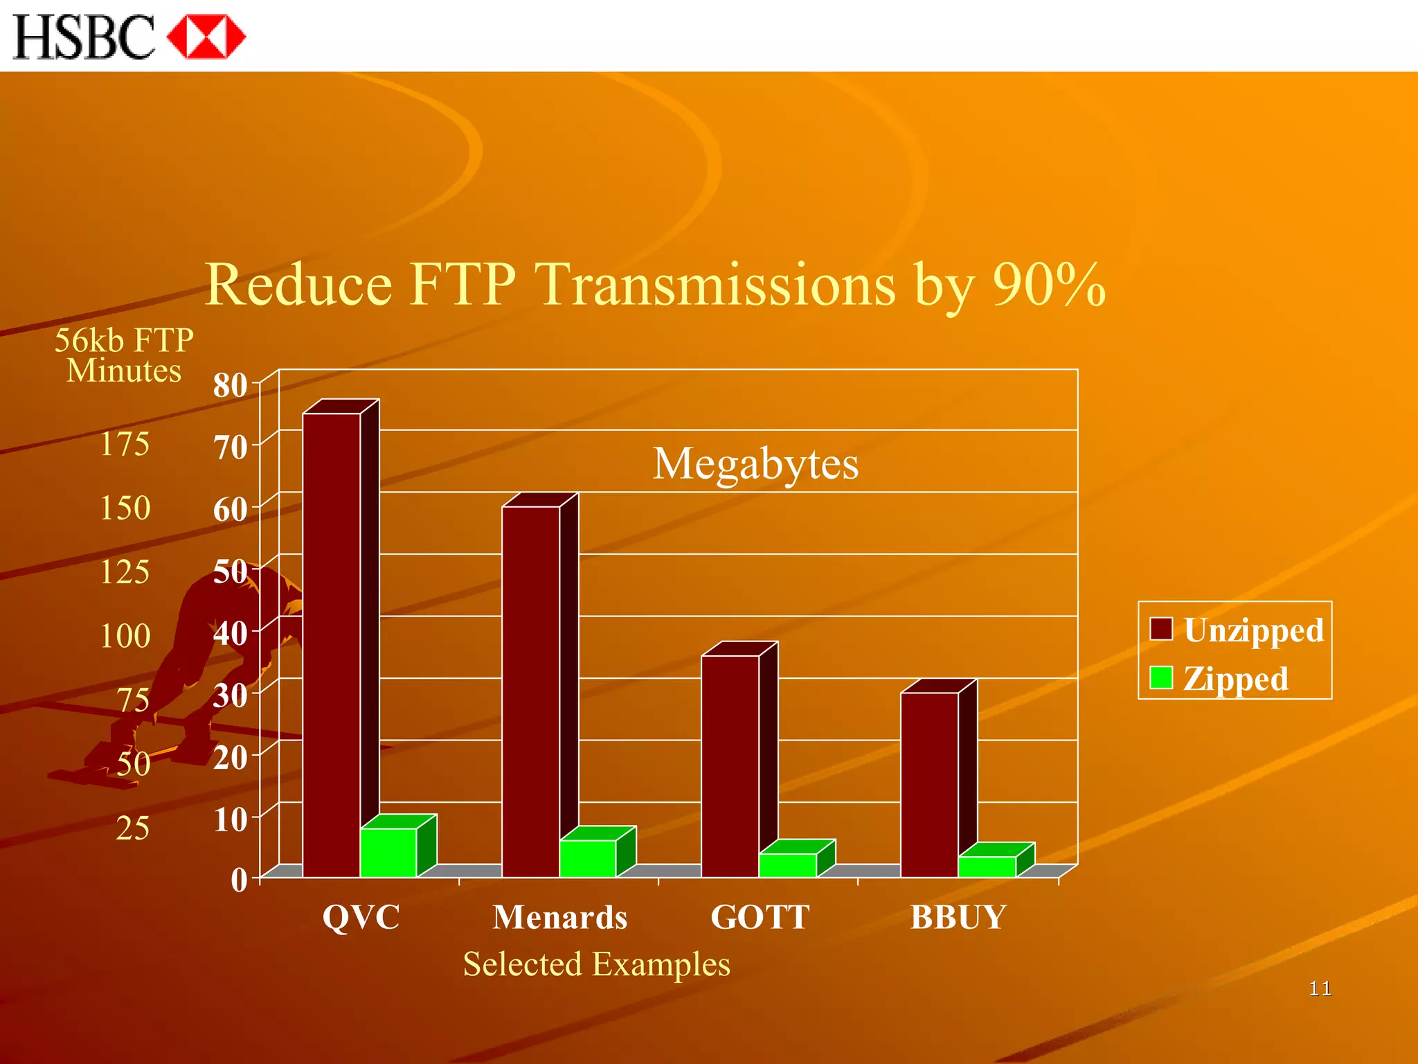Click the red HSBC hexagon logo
coord(206,37)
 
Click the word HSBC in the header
coord(83,37)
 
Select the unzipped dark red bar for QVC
coord(332,644)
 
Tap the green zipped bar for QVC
coord(388,852)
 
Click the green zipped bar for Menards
coord(588,858)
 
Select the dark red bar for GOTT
coord(730,765)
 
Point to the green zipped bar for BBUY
coord(987,867)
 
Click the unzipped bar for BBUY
coord(930,784)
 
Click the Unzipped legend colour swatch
coord(1161,629)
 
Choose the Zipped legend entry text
coord(1236,678)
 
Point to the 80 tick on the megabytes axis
coord(231,385)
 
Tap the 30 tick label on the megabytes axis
coord(231,695)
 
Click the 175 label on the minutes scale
coord(125,444)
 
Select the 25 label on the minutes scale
coord(132,828)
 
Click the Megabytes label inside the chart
coord(755,463)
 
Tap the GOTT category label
coord(760,917)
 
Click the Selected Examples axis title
coord(596,964)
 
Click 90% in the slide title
coord(1048,285)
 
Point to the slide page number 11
coord(1320,988)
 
